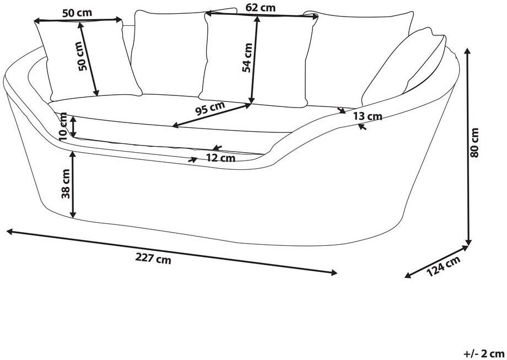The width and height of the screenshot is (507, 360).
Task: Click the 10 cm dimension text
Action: [63, 125]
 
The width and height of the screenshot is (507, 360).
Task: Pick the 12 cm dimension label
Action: [220, 158]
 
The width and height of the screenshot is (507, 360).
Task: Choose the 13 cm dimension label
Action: [366, 116]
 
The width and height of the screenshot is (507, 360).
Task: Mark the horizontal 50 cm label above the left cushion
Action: [77, 12]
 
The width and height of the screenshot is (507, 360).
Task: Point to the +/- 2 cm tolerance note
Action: [483, 353]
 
